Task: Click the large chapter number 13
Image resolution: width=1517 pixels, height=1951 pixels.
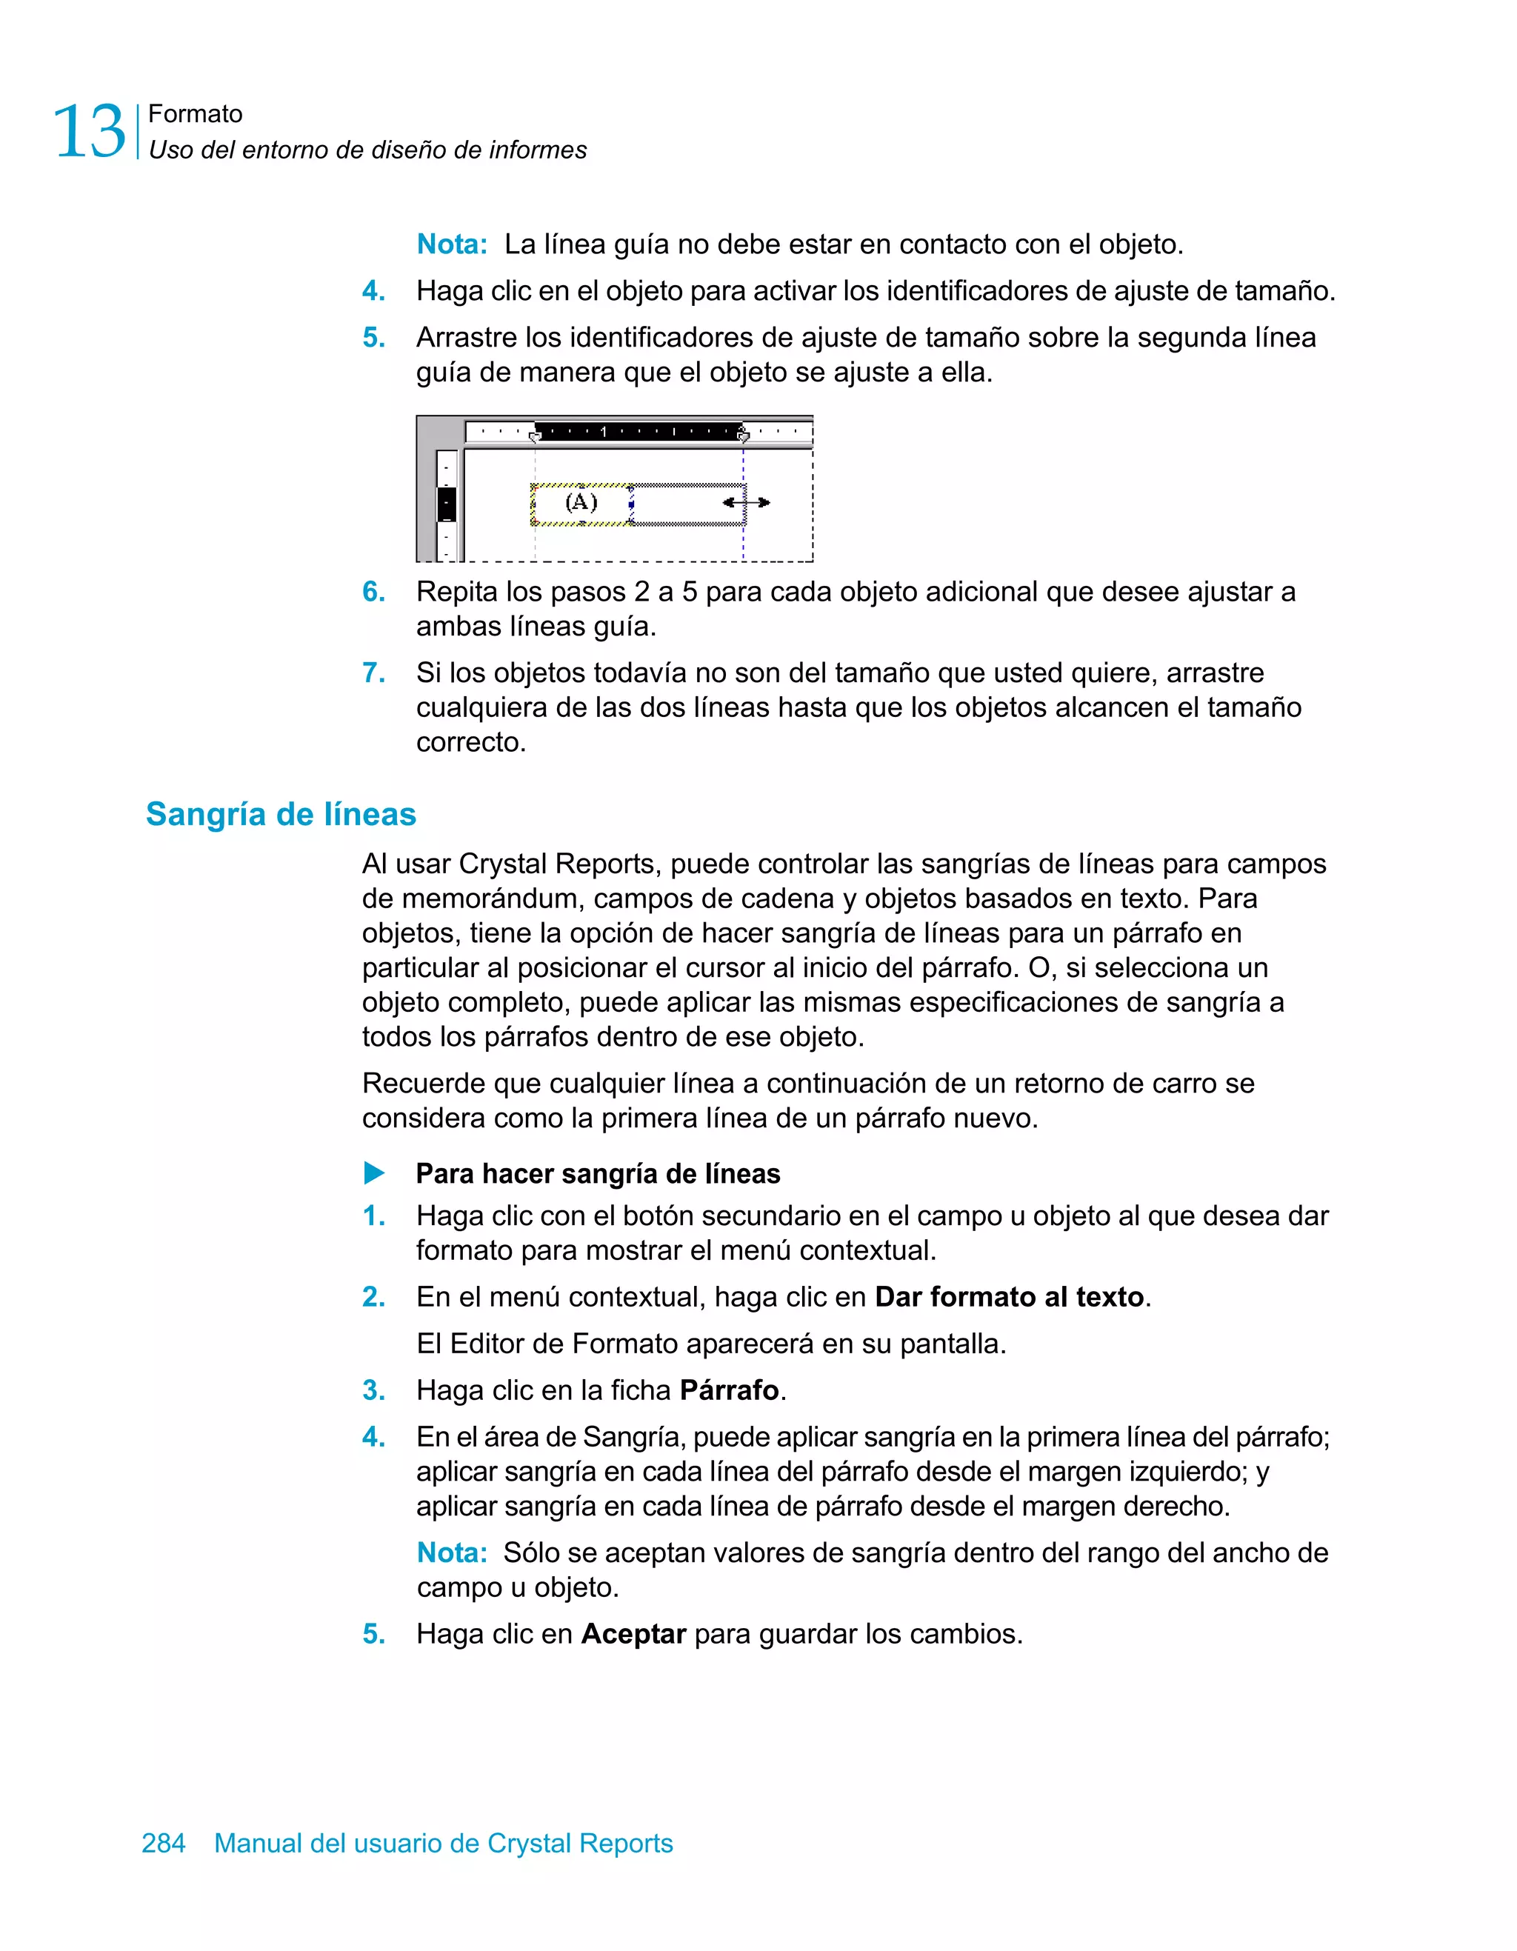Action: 90,132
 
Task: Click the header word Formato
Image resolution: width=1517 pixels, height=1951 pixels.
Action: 195,114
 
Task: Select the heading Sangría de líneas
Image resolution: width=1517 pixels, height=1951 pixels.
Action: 281,814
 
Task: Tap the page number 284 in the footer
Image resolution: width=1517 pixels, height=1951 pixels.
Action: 164,1843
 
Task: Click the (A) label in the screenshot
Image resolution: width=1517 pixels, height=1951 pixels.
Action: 581,502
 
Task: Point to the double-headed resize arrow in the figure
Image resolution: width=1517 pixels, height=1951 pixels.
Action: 746,502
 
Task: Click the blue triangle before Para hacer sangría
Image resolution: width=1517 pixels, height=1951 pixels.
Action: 374,1173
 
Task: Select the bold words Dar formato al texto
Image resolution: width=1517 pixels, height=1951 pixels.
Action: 1009,1296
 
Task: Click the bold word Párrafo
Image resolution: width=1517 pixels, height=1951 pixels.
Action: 729,1390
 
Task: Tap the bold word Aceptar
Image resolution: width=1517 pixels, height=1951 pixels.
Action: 633,1634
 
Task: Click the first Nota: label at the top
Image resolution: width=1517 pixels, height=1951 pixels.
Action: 452,244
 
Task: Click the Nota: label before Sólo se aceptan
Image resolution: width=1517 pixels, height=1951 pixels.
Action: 452,1553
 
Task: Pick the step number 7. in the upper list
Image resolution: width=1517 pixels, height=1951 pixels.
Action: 373,673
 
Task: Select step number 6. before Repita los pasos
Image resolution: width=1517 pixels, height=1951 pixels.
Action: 373,591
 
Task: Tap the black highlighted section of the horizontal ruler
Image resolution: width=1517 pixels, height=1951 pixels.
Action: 638,433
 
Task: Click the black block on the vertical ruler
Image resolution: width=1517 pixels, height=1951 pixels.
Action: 447,504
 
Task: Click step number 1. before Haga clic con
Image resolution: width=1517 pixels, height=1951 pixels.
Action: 373,1215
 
